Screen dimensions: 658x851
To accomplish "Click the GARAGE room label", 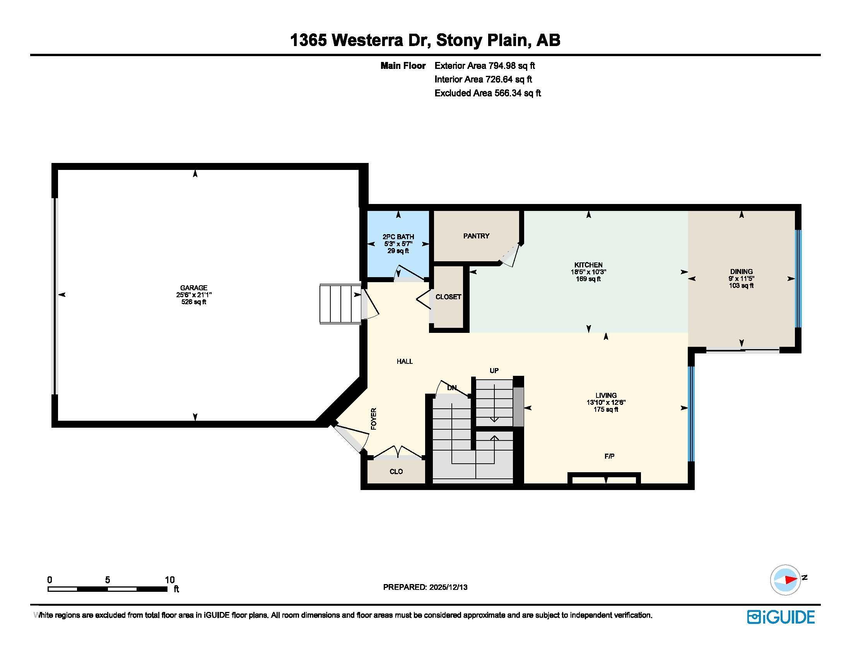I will (194, 288).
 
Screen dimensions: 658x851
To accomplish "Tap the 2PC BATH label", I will (398, 236).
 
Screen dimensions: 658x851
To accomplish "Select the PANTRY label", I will (476, 236).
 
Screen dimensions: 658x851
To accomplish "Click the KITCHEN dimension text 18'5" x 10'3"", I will (588, 272).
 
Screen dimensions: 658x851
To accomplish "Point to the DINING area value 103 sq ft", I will (741, 286).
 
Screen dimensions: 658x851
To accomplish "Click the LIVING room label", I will (606, 395).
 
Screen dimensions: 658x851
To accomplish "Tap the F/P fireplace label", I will (609, 456).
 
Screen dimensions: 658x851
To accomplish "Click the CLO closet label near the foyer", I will (396, 472).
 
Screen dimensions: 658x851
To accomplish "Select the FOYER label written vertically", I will (374, 419).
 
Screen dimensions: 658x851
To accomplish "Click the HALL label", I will (405, 362).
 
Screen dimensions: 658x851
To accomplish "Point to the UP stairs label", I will (494, 370).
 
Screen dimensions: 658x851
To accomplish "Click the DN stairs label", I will (451, 388).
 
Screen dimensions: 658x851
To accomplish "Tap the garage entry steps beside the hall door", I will (340, 304).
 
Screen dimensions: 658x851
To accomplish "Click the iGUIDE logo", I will (781, 617).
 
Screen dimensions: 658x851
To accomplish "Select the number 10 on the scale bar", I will (169, 580).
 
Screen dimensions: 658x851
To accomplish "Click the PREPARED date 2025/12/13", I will (448, 587).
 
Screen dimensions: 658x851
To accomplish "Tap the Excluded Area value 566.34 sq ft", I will (518, 93).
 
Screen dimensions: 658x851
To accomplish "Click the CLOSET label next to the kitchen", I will (448, 296).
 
